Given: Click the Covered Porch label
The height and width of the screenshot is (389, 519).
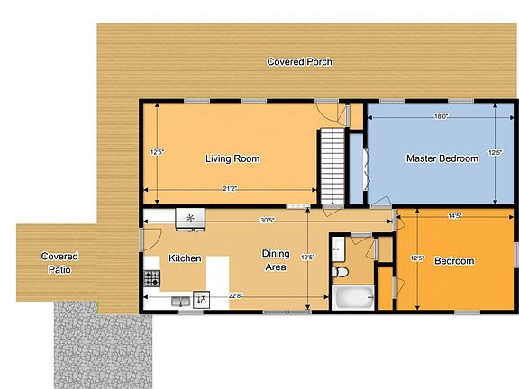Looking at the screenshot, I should click(300, 62).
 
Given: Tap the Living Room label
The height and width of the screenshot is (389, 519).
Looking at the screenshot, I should click(232, 159).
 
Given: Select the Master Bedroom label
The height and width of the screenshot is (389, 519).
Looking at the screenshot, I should click(442, 159).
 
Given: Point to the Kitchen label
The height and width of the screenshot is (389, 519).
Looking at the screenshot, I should click(185, 258).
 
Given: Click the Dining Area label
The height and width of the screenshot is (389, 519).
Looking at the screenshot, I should click(276, 260).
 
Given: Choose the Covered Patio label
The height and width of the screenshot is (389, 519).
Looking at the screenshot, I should click(59, 263).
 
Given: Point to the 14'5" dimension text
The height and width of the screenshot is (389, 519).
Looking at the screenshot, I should click(455, 216).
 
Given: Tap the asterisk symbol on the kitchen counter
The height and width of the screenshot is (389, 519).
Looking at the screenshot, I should click(189, 217).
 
